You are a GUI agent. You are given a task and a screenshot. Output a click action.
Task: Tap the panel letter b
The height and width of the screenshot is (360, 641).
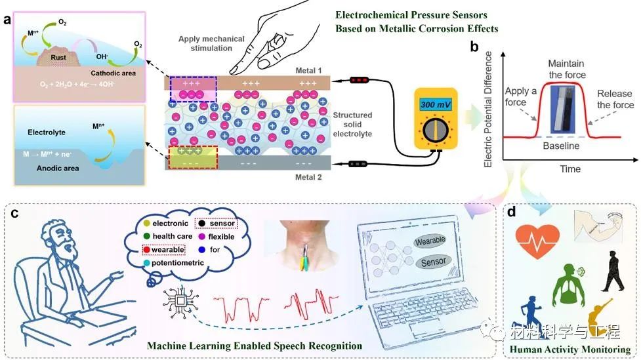474,48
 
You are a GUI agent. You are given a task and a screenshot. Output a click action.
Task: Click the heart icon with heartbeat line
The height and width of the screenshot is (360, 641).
537,239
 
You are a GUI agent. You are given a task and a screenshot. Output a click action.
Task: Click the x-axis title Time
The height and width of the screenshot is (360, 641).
569,169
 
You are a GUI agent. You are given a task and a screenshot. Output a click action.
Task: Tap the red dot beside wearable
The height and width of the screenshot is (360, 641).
148,250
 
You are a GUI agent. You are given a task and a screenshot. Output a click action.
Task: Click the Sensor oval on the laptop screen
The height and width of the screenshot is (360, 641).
433,261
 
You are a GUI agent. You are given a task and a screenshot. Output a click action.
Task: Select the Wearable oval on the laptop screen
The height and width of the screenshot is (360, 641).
433,242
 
